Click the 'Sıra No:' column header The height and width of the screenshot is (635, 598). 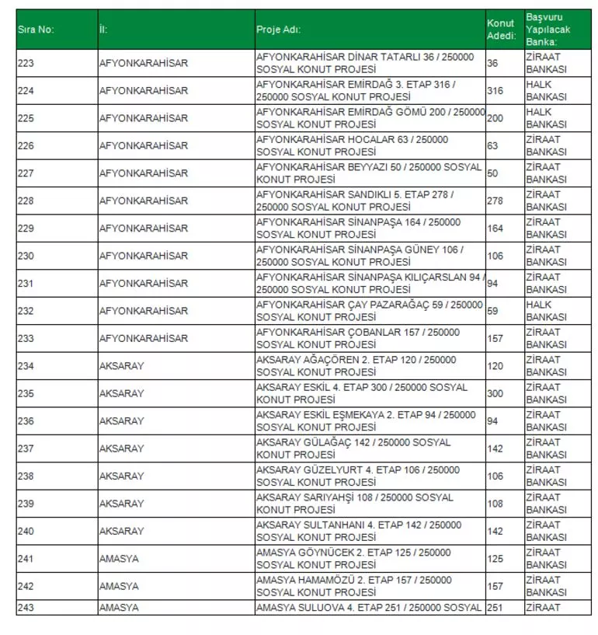click(x=36, y=30)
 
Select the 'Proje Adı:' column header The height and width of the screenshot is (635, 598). click(x=278, y=30)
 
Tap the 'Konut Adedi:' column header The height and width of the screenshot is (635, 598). click(x=501, y=30)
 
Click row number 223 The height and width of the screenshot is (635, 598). click(x=26, y=63)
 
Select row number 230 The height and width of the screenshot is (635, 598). click(x=26, y=256)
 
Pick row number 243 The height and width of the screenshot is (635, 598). click(x=26, y=608)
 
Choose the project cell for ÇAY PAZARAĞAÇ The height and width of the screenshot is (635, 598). click(x=369, y=311)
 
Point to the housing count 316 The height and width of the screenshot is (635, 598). click(x=495, y=91)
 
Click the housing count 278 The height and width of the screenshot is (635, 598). click(x=495, y=201)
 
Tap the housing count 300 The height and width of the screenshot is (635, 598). click(x=495, y=393)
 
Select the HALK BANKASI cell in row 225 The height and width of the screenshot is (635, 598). click(x=546, y=118)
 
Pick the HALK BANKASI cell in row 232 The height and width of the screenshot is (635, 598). click(x=546, y=311)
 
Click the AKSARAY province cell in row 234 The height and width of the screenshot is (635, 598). click(x=122, y=366)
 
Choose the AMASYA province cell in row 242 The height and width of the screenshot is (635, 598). click(x=119, y=586)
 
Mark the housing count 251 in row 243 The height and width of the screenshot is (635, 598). click(x=495, y=608)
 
